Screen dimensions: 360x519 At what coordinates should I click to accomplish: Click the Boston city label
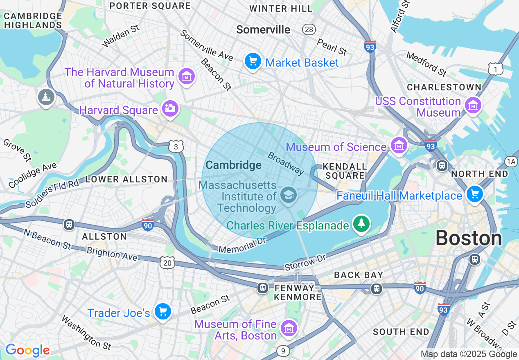coord(468,238)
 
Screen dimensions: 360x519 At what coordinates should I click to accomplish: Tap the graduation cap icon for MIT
coord(289,194)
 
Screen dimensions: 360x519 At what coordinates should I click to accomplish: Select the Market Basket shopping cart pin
coord(253,62)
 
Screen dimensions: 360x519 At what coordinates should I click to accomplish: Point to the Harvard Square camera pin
coord(169,109)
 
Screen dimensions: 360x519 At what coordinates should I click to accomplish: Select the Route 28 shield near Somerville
coord(309,29)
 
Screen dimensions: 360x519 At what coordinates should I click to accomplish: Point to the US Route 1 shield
coord(495,70)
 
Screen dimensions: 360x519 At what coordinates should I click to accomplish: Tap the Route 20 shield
coord(167,263)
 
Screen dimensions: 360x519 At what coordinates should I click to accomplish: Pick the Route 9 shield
coord(283,351)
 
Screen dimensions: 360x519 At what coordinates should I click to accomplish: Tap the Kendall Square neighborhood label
coord(344,171)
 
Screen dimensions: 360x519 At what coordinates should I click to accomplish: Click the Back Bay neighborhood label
coord(359,275)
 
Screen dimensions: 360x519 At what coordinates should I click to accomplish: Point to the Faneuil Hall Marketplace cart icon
coord(474,194)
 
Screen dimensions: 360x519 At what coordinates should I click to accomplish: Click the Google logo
coord(27,351)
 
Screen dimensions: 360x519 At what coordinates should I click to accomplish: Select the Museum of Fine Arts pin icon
coord(289,328)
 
